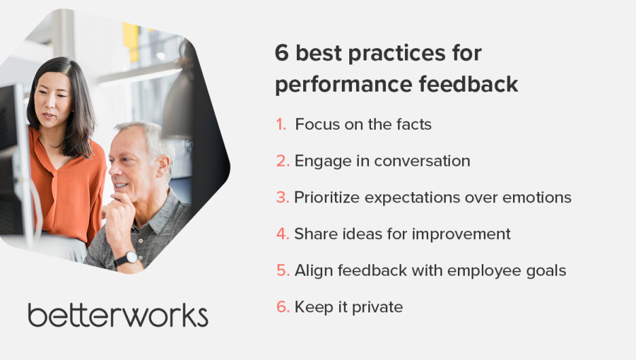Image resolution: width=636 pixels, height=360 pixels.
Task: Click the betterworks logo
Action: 118,315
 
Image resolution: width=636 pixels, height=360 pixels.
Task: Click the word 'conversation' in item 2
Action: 422,161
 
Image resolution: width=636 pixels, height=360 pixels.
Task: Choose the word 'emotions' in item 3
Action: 537,198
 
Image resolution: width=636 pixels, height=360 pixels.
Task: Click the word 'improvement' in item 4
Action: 461,234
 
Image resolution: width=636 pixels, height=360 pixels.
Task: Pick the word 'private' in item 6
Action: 377,307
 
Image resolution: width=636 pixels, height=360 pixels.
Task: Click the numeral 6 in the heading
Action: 281,53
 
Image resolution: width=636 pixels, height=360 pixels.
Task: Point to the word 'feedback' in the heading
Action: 468,84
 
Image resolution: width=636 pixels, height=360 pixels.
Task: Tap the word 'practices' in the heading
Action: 397,54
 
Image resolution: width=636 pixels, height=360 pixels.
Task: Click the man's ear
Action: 164,166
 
